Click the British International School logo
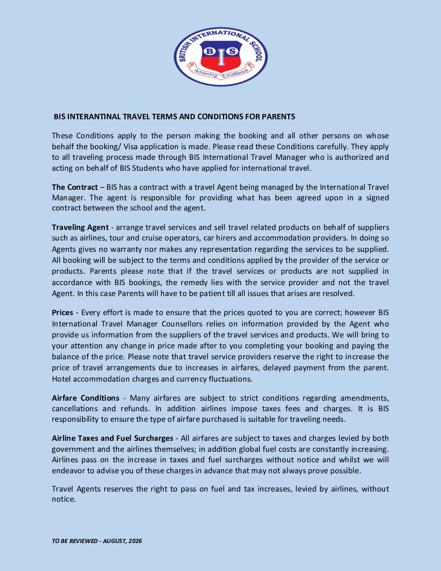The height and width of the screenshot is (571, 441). [x=220, y=57]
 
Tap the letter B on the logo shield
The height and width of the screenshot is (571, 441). [x=210, y=51]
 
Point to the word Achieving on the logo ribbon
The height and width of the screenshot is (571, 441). [x=206, y=73]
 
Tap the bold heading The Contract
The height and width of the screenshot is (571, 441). [x=75, y=187]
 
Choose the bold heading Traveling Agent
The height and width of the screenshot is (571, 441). [x=80, y=227]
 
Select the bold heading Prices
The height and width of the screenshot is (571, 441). [x=62, y=313]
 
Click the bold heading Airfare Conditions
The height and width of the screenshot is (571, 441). [x=86, y=398]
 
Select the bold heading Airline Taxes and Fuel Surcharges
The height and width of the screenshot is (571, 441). [x=112, y=438]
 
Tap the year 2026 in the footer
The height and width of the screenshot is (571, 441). [x=135, y=541]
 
